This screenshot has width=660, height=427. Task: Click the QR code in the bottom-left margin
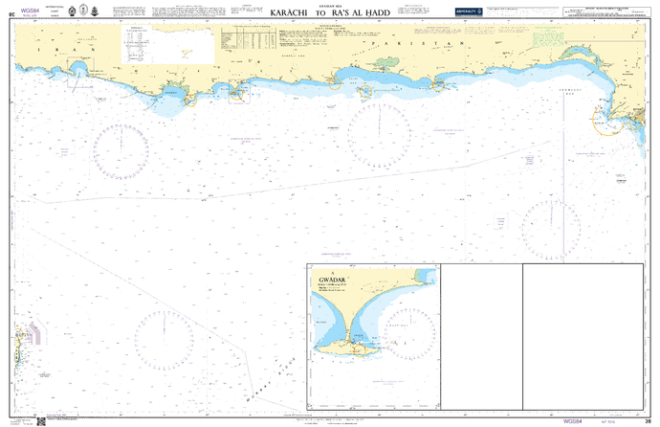click(40, 420)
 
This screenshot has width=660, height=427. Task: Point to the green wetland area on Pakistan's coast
click(386, 65)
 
